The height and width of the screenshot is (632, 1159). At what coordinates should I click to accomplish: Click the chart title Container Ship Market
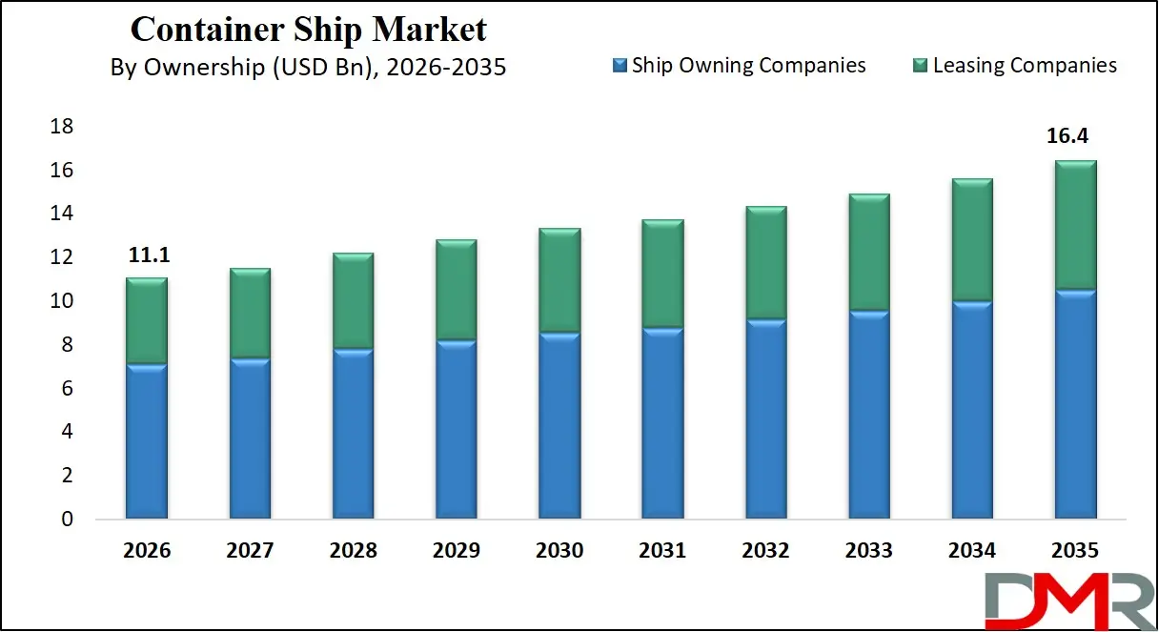coord(308,29)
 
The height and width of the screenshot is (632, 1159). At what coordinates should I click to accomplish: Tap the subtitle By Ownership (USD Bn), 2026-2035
coord(308,69)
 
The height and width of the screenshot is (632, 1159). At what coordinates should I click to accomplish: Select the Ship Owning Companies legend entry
coord(740,65)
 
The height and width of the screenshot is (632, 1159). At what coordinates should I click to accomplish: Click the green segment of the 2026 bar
coord(147,320)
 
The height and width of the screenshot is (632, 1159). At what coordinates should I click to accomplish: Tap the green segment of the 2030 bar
coord(559,280)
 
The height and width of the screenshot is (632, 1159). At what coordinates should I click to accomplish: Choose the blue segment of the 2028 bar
coord(353,434)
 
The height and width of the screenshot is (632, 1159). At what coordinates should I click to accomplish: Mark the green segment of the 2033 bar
coord(868,252)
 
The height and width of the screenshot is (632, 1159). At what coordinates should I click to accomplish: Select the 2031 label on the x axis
coord(662,551)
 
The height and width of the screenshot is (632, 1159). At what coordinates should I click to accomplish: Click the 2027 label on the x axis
coord(250,551)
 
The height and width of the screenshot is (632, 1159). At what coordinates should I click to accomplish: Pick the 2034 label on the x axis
coord(971,551)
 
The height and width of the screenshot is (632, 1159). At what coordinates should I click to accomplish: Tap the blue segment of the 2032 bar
coord(765,419)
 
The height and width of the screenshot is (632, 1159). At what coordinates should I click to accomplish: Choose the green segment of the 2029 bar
coord(457,290)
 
